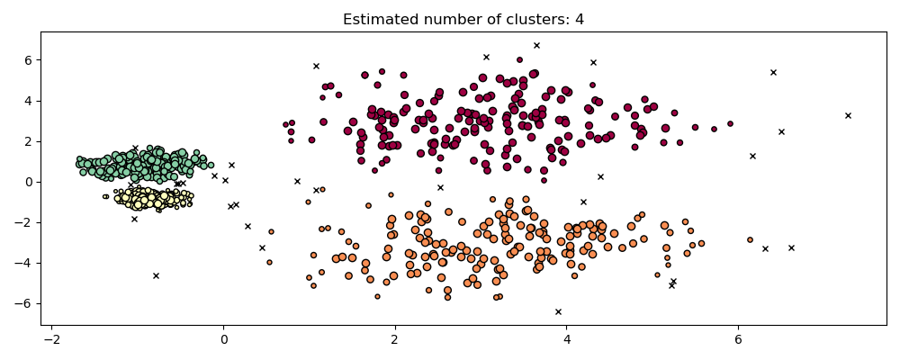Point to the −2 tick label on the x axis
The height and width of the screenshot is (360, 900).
pos(51,340)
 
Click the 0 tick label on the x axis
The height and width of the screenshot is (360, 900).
pos(223,340)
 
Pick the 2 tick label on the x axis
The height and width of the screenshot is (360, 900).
pos(394,340)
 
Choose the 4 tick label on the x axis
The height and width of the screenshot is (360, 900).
pos(566,340)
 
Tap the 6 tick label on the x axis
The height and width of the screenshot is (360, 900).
pos(738,340)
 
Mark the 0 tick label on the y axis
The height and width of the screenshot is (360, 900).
pos(28,182)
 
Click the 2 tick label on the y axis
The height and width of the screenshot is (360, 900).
pos(28,141)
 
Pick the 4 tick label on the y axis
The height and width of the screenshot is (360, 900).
pos(28,101)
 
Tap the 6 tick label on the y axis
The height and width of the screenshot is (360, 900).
pos(28,60)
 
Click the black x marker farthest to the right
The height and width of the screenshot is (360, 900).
pos(848,115)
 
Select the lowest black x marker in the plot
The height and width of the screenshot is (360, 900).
pos(558,311)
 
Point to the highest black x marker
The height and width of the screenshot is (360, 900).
pos(536,45)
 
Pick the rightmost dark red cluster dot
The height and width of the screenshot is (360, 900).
pos(730,124)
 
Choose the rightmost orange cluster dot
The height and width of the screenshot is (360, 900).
pos(750,239)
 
